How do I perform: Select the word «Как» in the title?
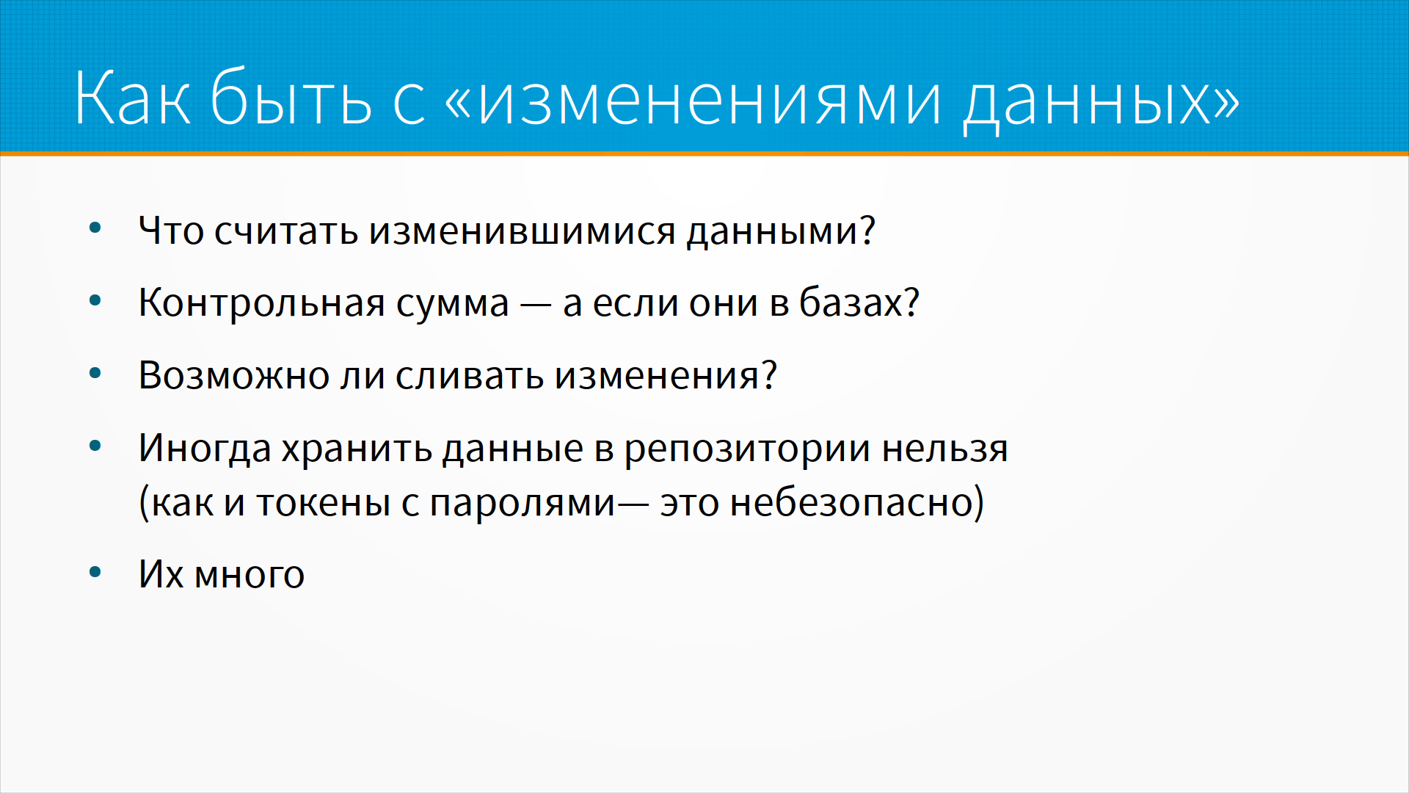(133, 97)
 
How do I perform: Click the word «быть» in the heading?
(291, 95)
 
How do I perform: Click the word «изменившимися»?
(522, 231)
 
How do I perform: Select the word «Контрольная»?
(262, 303)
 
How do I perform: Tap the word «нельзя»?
(945, 448)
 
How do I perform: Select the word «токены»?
(323, 504)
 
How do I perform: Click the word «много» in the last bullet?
(250, 576)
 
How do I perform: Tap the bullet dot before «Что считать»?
(95, 228)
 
